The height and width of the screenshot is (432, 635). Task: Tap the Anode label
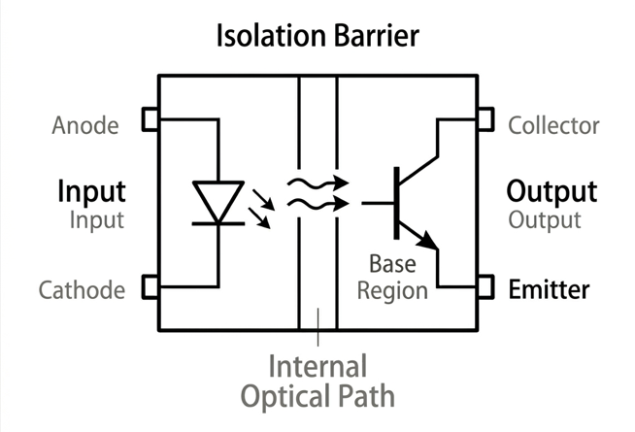pos(85,126)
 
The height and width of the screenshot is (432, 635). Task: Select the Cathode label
pos(82,289)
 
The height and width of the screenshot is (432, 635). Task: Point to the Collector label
pos(553,126)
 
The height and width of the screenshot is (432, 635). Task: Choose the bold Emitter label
pos(549,289)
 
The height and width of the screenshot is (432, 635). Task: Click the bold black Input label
pos(91,189)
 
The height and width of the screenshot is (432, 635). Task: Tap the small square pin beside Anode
pos(150,119)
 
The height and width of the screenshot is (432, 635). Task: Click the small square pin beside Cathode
pos(150,287)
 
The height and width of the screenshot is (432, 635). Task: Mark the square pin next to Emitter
pos(485,287)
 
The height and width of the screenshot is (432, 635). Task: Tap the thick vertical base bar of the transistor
pos(396,203)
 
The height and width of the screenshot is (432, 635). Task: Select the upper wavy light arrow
pos(317,182)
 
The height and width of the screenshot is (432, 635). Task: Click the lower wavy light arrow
pos(317,203)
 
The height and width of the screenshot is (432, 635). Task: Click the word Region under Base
pos(398,290)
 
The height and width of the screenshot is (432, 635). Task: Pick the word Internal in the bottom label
pos(318,367)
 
